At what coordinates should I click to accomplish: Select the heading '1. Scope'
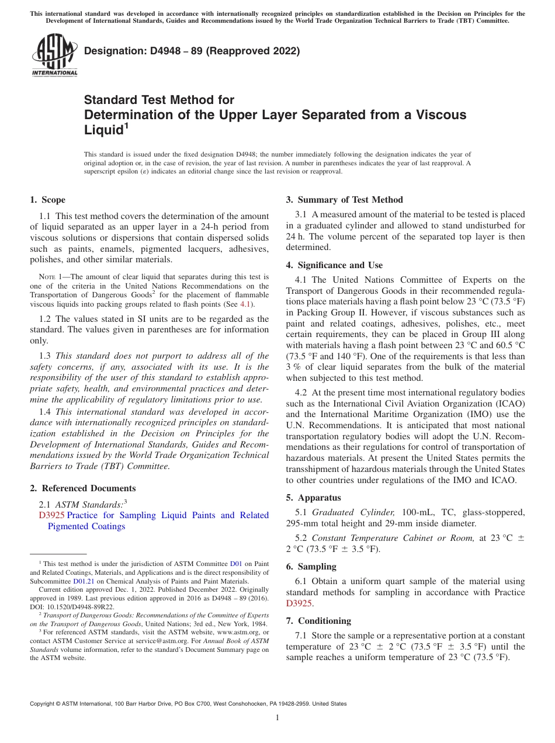click(47, 200)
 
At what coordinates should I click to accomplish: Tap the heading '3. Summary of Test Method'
click(344, 200)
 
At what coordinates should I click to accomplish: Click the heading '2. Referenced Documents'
click(82, 488)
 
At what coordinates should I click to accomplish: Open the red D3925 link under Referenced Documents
click(51, 515)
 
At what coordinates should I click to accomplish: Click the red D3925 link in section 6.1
click(299, 603)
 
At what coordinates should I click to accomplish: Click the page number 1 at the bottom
click(277, 717)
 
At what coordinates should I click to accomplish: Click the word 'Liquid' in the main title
click(103, 130)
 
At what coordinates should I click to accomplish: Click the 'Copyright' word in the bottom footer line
click(44, 704)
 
